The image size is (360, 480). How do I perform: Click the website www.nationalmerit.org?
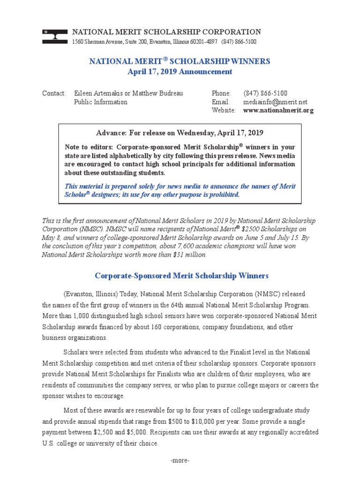[278, 111]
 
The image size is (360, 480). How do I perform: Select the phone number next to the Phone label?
[265, 93]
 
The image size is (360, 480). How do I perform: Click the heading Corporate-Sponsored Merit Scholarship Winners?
[181, 276]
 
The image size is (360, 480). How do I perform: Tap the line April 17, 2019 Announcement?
[180, 72]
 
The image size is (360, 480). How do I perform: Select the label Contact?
[54, 93]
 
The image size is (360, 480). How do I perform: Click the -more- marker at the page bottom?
[180, 461]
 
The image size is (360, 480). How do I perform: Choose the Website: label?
[224, 111]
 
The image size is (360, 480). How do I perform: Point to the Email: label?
[221, 102]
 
